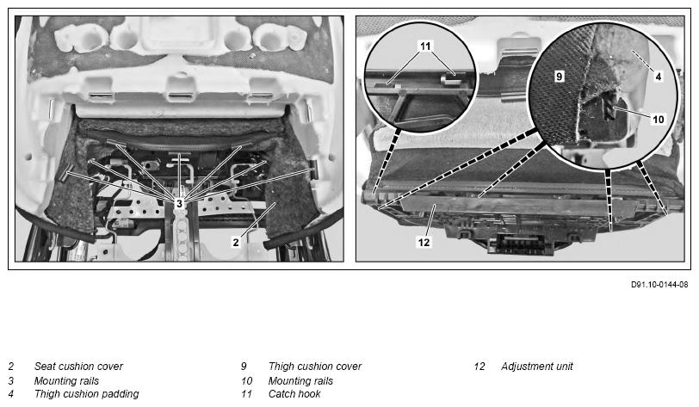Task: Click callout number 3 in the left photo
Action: point(179,204)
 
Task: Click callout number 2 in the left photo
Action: point(236,242)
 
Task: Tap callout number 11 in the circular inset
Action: point(425,46)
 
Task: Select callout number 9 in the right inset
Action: point(559,77)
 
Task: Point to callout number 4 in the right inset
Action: point(658,77)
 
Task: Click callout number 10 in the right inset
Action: point(658,119)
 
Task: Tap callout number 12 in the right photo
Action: point(424,242)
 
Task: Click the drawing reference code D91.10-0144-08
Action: point(659,285)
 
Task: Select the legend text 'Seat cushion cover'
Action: point(78,367)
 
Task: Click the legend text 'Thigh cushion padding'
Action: point(86,394)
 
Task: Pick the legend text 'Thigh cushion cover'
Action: point(315,367)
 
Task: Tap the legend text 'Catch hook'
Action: point(294,394)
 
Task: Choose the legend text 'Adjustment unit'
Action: point(537,367)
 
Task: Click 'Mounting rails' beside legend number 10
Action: point(300,381)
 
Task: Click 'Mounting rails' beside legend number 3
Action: point(66,381)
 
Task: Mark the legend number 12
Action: point(479,367)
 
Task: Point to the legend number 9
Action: point(244,367)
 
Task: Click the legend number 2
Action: point(11,367)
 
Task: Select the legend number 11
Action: point(246,394)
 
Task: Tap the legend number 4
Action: point(11,394)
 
